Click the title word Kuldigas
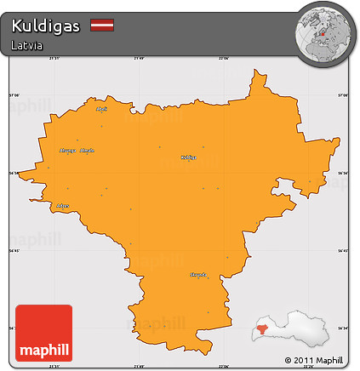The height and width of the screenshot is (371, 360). tap(46, 26)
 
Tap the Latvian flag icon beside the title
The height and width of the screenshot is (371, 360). tap(102, 26)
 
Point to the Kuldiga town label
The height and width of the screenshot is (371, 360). tap(189, 157)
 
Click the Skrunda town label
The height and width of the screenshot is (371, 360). tap(197, 276)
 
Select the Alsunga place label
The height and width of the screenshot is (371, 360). tap(67, 151)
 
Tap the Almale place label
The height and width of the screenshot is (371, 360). tap(87, 151)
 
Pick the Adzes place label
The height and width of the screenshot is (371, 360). tap(62, 206)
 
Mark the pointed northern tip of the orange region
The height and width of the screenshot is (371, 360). tap(254, 73)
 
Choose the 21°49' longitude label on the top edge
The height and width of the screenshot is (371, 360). tap(140, 58)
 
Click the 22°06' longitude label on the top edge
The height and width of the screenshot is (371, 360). tap(224, 58)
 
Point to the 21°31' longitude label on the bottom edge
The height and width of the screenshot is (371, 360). tap(54, 367)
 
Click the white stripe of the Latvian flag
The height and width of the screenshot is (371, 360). tap(102, 26)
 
